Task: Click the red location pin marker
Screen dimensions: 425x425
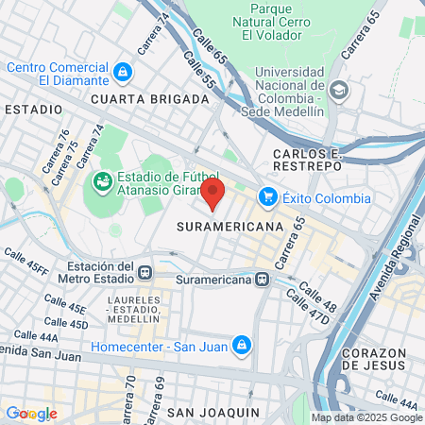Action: pyautogui.click(x=212, y=195)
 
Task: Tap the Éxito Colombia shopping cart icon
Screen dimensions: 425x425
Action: pyautogui.click(x=268, y=197)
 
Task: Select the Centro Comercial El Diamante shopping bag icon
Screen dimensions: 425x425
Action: pyautogui.click(x=123, y=72)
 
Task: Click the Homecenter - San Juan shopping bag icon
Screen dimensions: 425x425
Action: pyautogui.click(x=243, y=345)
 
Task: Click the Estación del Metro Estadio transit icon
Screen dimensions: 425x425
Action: pyautogui.click(x=144, y=273)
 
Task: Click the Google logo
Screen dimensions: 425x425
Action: pyautogui.click(x=31, y=414)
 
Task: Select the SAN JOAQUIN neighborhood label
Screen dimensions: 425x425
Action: pyautogui.click(x=212, y=413)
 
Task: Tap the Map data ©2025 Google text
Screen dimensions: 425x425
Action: pyautogui.click(x=367, y=417)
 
